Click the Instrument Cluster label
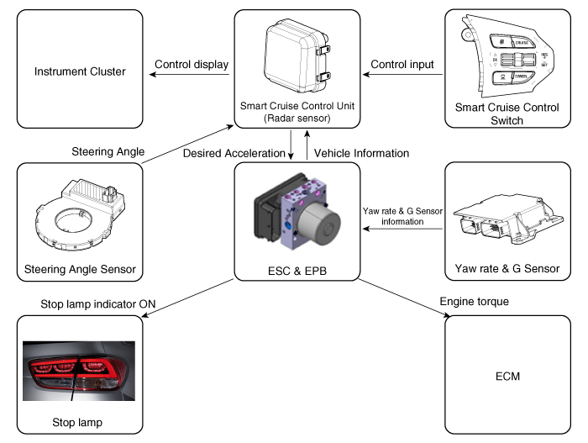(x=81, y=71)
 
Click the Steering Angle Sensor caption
(x=81, y=270)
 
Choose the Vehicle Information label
(x=362, y=154)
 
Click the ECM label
(x=507, y=376)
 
